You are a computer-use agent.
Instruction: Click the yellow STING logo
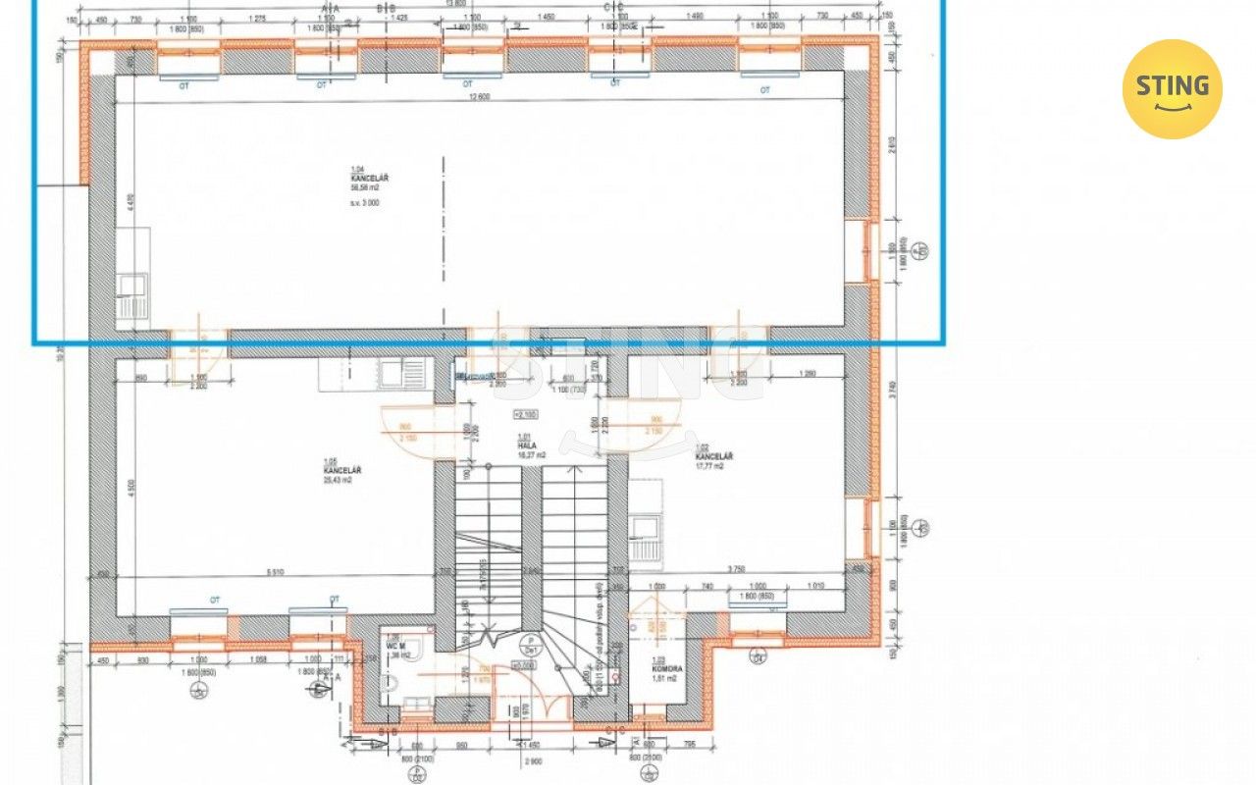[x=1172, y=89]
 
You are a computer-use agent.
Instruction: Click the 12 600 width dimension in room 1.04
[x=479, y=95]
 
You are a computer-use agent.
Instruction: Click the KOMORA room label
[x=666, y=667]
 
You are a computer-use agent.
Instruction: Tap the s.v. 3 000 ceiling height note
[x=364, y=203]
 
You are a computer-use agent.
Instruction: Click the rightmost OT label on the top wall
[x=764, y=90]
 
